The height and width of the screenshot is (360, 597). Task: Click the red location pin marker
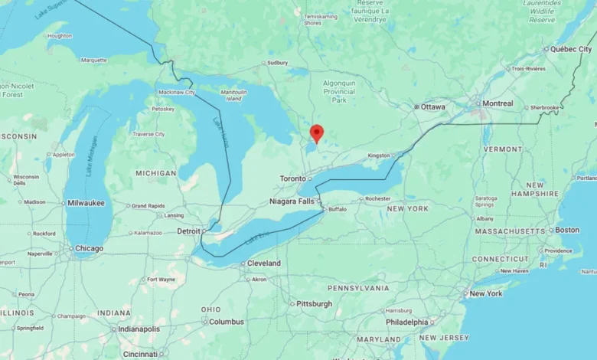pos(316,133)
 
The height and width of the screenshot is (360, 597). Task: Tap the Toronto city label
pos(292,178)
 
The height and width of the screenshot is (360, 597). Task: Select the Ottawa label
pos(432,107)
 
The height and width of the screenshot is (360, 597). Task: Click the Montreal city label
pos(497,103)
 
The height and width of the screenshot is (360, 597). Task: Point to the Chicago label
pos(89,248)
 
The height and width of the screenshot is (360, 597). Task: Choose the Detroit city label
pos(188,231)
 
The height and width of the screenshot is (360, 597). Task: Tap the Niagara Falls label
pos(292,201)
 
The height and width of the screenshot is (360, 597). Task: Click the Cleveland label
pos(263,263)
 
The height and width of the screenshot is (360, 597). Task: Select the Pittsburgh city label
pos(315,304)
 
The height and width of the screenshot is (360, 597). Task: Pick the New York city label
pos(486,293)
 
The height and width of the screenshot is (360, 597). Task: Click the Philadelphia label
pos(406,322)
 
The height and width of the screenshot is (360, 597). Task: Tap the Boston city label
pos(567,230)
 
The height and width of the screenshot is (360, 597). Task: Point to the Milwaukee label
pos(85,203)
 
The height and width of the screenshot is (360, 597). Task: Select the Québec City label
pos(571,49)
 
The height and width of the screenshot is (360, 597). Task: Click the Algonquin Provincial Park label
pos(339,90)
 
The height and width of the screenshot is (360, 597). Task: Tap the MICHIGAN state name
pos(155,174)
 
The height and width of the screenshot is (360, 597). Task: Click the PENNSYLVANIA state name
pos(358,288)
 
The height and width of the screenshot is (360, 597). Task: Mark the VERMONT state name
pos(503,149)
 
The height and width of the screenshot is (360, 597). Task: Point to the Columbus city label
pos(226,322)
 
